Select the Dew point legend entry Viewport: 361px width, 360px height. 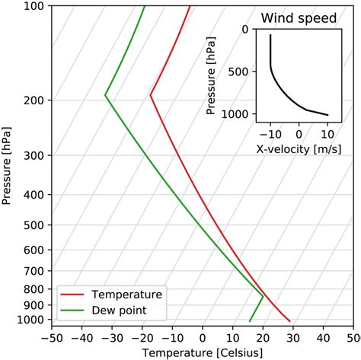click(119, 310)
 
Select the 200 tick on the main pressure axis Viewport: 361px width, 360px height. click(36, 100)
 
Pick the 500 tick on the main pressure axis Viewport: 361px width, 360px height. click(36, 225)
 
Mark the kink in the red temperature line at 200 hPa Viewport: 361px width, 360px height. click(151, 96)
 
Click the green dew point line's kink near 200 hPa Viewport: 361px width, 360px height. click(105, 96)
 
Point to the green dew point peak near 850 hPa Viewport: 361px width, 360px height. click(263, 297)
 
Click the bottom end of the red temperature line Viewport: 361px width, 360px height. click(290, 321)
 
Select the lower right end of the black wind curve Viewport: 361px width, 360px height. click(327, 115)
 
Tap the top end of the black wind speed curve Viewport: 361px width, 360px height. click(270, 35)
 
